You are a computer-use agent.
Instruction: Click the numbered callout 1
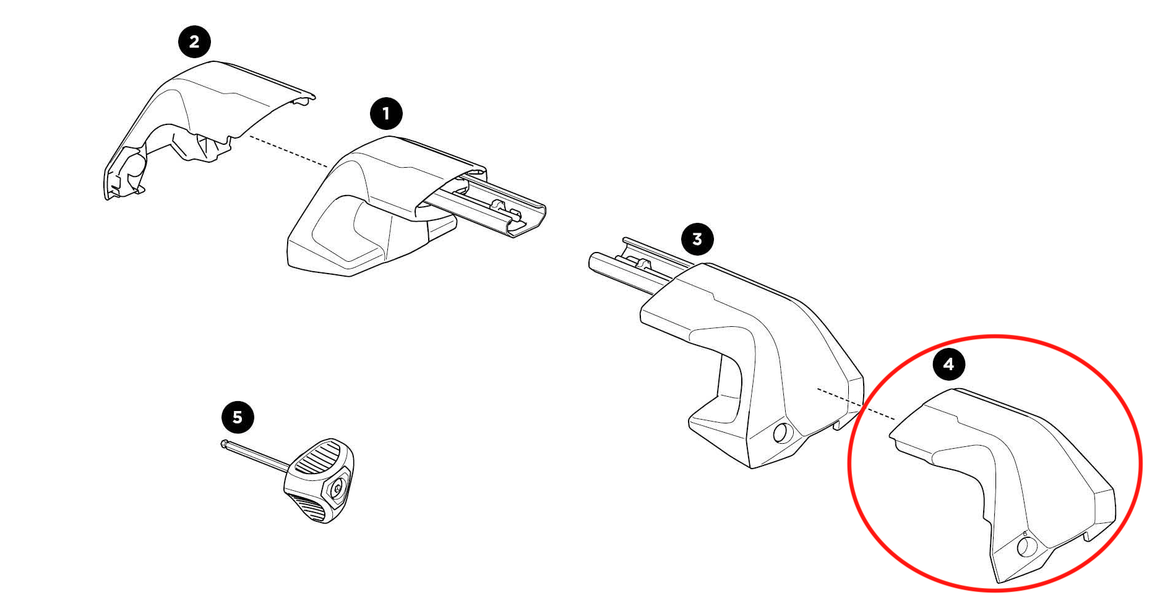(386, 114)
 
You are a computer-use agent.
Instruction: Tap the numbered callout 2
(194, 42)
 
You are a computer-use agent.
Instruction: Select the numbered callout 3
(697, 239)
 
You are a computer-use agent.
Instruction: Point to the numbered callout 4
(949, 364)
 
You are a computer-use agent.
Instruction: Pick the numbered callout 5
(238, 417)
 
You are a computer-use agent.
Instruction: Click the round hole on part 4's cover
(1026, 547)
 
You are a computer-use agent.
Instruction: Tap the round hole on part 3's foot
(781, 433)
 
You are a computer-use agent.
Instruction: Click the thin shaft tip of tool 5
(223, 443)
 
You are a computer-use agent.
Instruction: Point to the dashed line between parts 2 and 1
(288, 151)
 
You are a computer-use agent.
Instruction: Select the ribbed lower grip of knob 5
(309, 506)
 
